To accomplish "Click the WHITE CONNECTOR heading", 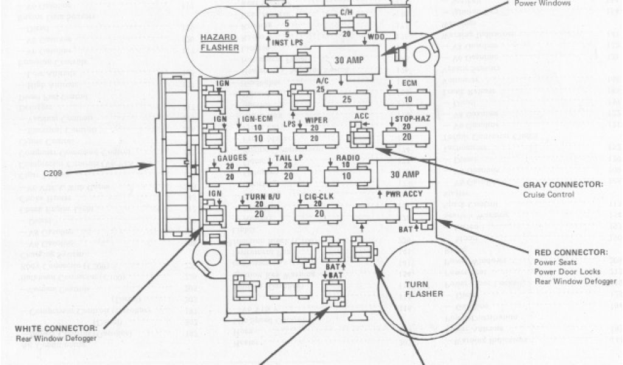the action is (56, 329).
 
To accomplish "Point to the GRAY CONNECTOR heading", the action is (563, 184).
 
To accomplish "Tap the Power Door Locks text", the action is (567, 271).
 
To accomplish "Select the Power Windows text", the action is (543, 3).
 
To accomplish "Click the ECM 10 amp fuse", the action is (407, 99).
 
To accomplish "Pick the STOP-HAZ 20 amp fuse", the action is (407, 137).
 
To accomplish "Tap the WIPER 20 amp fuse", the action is (316, 138).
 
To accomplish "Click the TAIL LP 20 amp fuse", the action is (288, 176).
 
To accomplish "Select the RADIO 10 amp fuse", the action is (347, 176).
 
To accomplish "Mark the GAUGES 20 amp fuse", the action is (229, 176).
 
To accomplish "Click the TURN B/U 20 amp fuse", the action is (259, 214).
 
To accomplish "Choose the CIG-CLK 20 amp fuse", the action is (318, 214).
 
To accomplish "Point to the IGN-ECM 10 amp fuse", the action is (259, 138).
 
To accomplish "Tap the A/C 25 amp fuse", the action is (347, 99).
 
